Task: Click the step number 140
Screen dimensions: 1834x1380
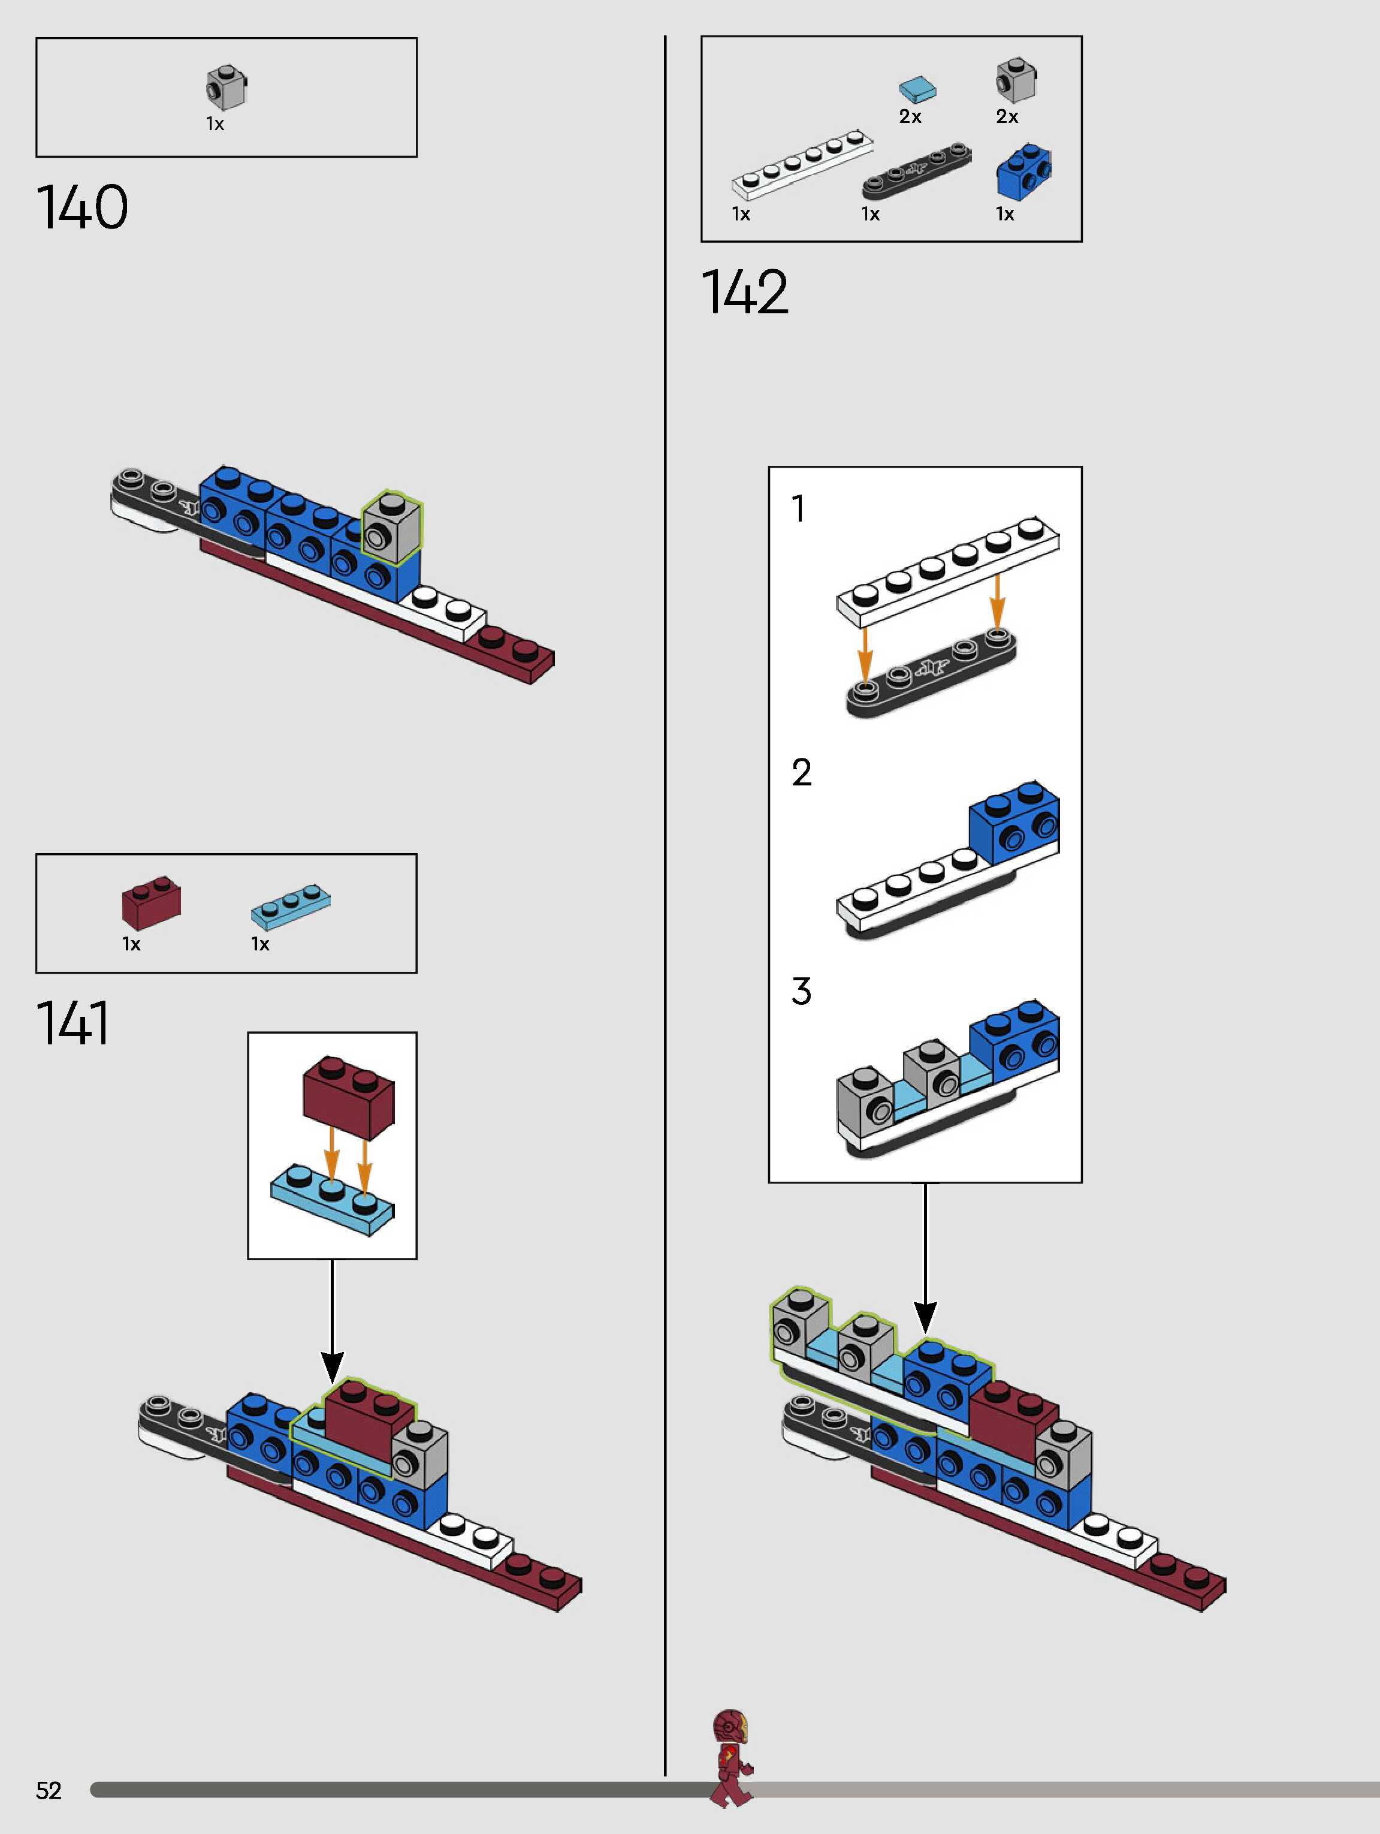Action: point(82,207)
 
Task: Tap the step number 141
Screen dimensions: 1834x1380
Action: point(73,1023)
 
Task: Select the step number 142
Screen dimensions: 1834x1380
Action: point(745,292)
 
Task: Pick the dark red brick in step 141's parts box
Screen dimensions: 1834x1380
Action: point(151,902)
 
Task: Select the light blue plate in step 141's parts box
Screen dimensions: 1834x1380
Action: point(290,905)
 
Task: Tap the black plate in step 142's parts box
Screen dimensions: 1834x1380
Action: point(917,171)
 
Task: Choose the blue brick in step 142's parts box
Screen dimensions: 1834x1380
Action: point(1023,171)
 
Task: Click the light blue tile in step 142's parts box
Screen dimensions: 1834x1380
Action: point(917,89)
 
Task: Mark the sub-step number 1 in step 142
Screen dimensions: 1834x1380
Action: point(798,509)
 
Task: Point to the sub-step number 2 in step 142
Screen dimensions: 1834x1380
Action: point(802,773)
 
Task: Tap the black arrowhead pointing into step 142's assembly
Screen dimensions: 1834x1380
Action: point(925,1316)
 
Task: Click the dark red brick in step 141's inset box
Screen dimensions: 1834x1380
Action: point(348,1095)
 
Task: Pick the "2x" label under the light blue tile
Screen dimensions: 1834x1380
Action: point(910,117)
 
